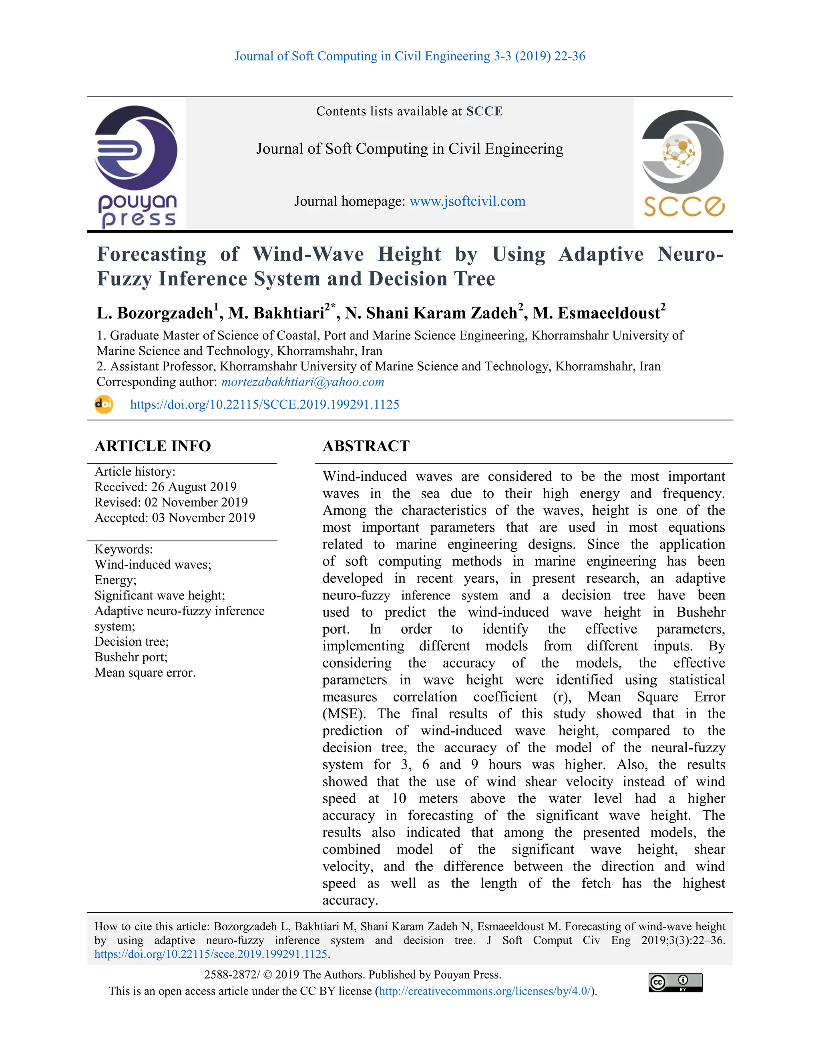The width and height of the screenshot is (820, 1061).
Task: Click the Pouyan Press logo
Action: tap(136, 165)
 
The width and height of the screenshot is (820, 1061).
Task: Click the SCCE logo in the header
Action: tap(683, 163)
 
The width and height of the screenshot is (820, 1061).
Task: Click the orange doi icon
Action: tap(103, 404)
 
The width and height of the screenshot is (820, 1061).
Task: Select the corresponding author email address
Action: tap(303, 382)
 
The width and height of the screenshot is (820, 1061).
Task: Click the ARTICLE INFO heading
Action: tap(153, 446)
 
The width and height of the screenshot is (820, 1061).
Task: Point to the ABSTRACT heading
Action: tap(366, 446)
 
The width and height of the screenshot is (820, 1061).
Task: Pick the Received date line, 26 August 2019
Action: tap(165, 487)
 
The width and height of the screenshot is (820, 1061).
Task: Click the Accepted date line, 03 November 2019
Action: tap(175, 518)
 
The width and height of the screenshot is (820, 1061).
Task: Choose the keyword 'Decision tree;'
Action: tap(132, 642)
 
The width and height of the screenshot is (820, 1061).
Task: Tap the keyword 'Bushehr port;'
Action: tap(131, 657)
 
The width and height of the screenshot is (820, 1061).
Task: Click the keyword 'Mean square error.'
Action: tap(145, 673)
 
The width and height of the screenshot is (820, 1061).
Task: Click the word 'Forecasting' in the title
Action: tap(152, 254)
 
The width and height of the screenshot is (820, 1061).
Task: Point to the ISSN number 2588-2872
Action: tap(232, 975)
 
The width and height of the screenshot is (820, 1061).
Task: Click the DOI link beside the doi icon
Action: tap(264, 405)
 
